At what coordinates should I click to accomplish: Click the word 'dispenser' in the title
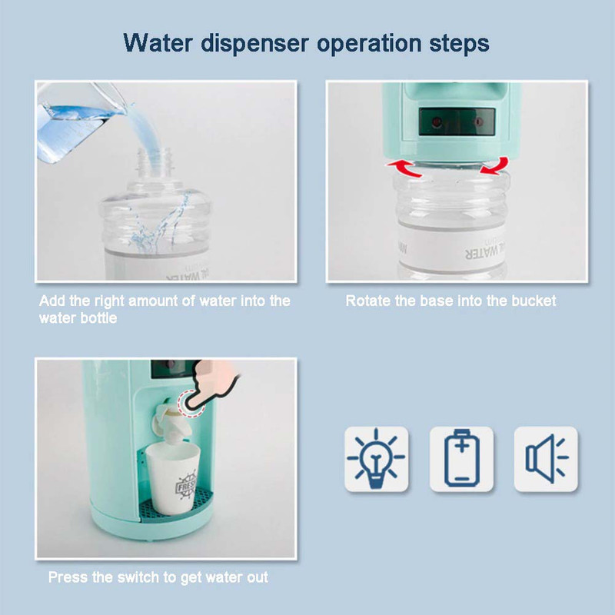(x=254, y=44)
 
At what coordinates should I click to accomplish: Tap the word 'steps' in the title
(x=459, y=44)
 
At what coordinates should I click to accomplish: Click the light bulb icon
(x=376, y=458)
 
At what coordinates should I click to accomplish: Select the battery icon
(x=462, y=457)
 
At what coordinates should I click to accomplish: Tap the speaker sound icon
(x=547, y=457)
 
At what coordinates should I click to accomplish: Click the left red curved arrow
(x=405, y=168)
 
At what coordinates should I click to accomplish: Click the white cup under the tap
(x=173, y=477)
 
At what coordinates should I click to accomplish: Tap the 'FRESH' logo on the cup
(x=185, y=486)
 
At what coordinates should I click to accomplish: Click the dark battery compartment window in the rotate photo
(x=457, y=121)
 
